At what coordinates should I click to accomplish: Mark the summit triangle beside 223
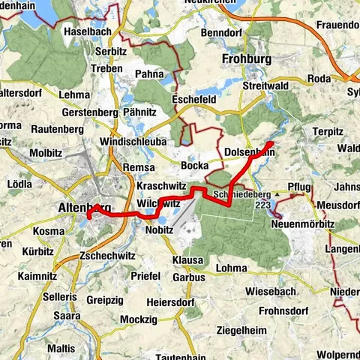[276, 194]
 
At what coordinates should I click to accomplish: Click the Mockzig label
[140, 319]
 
